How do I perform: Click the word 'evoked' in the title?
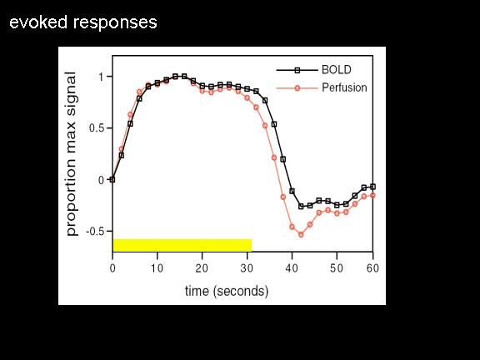click(38, 22)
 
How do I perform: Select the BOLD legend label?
click(337, 70)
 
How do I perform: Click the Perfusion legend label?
click(344, 87)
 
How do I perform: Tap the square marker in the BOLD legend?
click(297, 70)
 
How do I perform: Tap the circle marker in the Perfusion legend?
click(297, 88)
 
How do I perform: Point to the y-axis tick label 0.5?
click(97, 128)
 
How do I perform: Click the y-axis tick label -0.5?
click(95, 232)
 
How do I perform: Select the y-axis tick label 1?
click(102, 77)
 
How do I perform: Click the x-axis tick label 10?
click(157, 268)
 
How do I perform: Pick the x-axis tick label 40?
click(292, 268)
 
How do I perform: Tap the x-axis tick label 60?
click(372, 268)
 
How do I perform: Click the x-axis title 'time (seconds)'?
click(227, 291)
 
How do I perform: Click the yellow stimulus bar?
click(182, 245)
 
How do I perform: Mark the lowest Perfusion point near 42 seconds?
click(301, 235)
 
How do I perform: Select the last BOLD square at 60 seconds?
click(372, 187)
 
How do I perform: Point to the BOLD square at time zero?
click(112, 180)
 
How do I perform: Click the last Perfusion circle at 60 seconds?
click(372, 195)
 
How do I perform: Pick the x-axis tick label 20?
click(202, 268)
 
